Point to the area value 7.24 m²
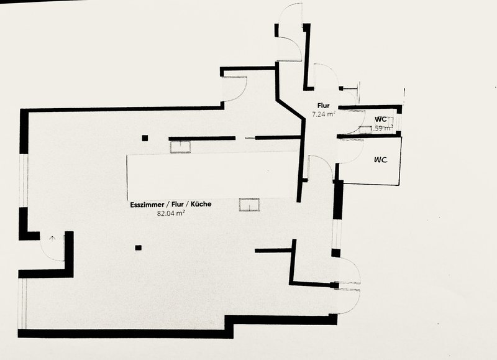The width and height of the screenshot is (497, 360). click(324, 114)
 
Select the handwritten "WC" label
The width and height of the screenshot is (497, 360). click(381, 160)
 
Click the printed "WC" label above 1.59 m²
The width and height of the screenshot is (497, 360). click(381, 119)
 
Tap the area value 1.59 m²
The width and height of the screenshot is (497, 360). click(381, 128)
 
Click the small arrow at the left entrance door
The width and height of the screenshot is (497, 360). click(52, 238)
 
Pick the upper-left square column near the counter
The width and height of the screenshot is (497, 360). click(144, 137)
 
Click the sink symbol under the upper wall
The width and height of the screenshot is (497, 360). click(181, 146)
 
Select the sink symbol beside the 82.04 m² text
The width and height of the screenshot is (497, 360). click(248, 205)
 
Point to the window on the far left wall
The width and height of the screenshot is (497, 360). click(23, 180)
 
